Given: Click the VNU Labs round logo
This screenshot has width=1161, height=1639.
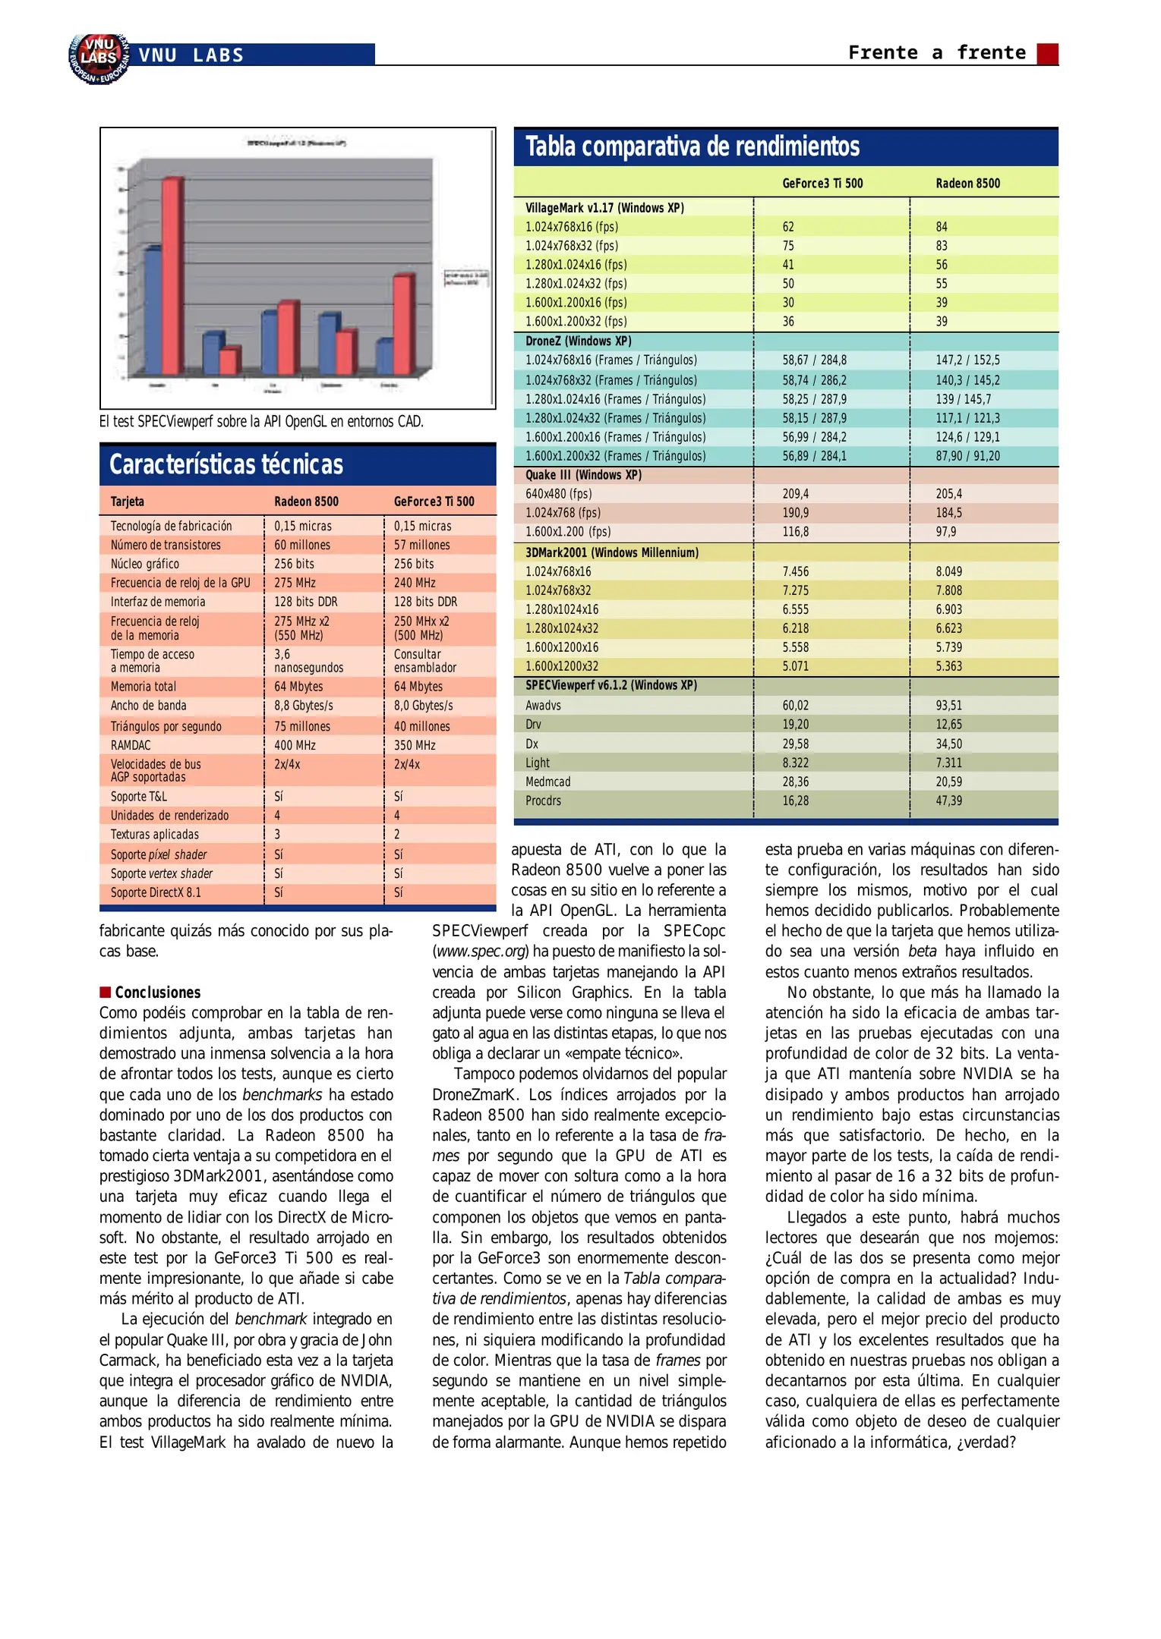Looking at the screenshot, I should (99, 58).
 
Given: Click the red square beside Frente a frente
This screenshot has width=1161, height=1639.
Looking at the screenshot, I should (1047, 54).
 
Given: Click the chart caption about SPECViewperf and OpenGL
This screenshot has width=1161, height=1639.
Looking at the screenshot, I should (261, 421).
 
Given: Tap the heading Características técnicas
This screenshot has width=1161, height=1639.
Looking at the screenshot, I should (226, 464).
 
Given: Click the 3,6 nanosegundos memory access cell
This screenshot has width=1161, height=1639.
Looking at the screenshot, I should (308, 661).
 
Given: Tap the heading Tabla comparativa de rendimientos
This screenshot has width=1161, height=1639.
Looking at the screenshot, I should (692, 146).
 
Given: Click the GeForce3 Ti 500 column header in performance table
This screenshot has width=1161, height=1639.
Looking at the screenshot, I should (822, 184).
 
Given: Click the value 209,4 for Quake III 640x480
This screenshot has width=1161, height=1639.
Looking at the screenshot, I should (795, 494).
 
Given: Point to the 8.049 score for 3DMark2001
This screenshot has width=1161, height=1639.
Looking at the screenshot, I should (948, 571).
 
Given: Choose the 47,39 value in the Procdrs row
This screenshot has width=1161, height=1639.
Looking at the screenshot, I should (948, 801).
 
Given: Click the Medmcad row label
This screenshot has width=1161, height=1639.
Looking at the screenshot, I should (547, 782).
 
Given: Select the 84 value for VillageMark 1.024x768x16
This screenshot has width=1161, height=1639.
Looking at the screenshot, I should (942, 227).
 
